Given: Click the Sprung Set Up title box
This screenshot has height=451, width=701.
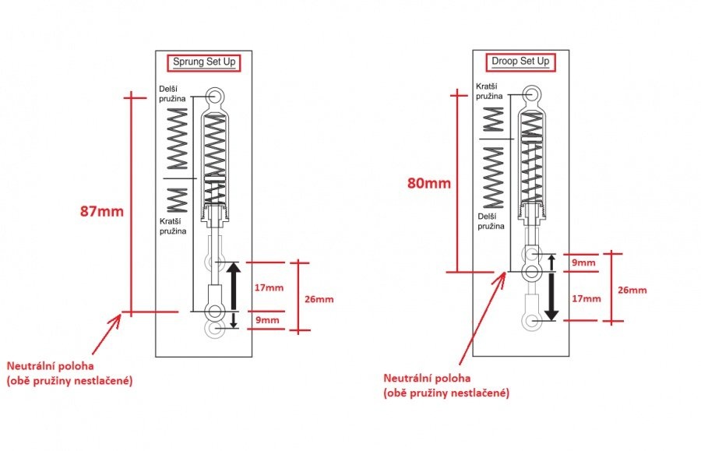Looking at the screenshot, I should (x=203, y=62).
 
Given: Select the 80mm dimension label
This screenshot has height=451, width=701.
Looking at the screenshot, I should (x=428, y=183).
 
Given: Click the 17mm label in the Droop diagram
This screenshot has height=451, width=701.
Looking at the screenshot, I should (x=587, y=298).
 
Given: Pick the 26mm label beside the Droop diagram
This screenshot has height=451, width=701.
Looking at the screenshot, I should (x=632, y=290).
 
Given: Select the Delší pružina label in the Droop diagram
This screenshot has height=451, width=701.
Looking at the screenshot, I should (x=490, y=220).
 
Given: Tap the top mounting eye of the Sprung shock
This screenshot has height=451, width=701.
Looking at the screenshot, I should (x=215, y=96).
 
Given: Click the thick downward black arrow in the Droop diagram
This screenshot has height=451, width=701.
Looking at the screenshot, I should (x=551, y=298).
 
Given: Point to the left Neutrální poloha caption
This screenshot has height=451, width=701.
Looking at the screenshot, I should (x=69, y=372).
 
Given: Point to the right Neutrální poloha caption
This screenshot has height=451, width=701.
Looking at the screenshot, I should (x=446, y=385).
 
